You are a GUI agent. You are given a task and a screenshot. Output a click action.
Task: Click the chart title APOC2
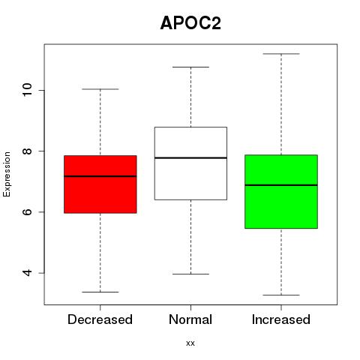190,23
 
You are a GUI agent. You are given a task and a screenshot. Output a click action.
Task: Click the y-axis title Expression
7,174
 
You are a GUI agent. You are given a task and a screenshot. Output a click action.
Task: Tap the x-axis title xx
190,343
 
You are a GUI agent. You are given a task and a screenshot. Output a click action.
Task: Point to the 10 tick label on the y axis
27,90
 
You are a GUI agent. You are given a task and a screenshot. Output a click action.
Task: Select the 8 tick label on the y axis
27,151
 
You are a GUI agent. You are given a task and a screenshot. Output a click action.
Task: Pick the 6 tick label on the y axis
27,211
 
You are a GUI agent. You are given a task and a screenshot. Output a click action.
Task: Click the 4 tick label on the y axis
27,273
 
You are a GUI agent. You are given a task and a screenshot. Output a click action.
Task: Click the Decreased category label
100,319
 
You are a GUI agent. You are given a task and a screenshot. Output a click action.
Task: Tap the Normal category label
190,319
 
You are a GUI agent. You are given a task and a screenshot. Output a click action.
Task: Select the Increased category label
281,319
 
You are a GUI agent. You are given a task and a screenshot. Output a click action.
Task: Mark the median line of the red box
100,176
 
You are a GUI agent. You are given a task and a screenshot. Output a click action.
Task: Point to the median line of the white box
190,157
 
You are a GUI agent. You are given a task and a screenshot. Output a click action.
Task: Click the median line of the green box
281,185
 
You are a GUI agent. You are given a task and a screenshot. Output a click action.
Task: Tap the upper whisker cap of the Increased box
281,54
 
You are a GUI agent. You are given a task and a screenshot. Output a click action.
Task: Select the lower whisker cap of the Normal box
190,274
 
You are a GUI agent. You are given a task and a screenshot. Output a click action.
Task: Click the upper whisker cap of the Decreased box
100,89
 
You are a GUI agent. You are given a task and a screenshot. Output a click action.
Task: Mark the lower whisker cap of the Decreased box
100,292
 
